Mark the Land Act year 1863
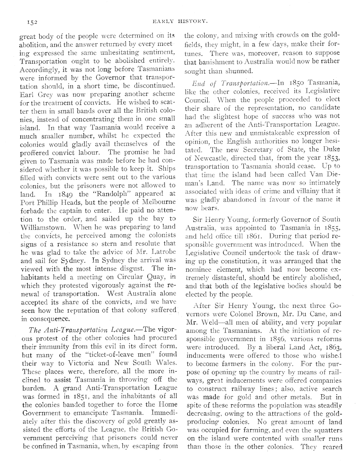point(332,347)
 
